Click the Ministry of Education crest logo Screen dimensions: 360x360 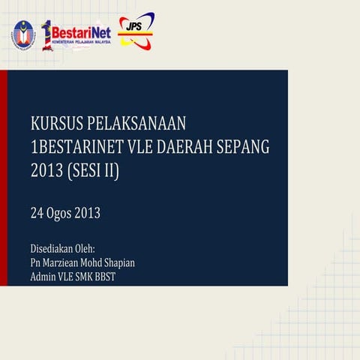[x=22, y=34]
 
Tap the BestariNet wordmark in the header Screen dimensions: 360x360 [x=82, y=32]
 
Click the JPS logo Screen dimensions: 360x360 [x=136, y=29]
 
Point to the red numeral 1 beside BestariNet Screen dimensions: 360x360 [x=46, y=34]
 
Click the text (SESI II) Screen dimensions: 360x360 [x=93, y=171]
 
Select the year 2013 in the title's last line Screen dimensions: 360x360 [x=46, y=171]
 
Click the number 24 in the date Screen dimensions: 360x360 [x=37, y=213]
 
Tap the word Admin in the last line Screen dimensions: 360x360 [x=43, y=277]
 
